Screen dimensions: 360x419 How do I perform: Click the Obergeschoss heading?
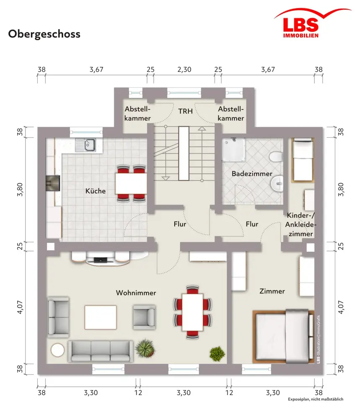click(44, 34)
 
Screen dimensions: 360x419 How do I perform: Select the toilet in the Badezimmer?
click(276, 157)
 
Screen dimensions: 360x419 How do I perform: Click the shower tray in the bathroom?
click(233, 150)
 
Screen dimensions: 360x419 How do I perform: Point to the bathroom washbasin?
click(277, 184)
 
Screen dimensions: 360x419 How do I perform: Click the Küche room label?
click(96, 191)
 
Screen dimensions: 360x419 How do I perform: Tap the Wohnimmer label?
click(136, 293)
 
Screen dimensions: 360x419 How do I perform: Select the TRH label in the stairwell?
click(186, 111)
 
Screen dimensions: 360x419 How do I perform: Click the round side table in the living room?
click(58, 350)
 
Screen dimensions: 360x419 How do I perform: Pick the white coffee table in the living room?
click(101, 318)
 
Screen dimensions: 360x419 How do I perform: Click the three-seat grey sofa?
click(101, 352)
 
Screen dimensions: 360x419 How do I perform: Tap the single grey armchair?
click(144, 317)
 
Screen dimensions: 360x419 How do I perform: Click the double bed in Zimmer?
click(283, 337)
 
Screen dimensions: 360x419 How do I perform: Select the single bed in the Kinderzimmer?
click(303, 160)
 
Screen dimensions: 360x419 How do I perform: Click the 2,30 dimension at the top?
click(184, 70)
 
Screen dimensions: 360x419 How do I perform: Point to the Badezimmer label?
click(252, 174)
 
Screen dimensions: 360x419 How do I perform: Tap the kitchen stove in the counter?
click(53, 183)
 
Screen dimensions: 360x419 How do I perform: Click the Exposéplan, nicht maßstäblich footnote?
click(316, 399)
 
